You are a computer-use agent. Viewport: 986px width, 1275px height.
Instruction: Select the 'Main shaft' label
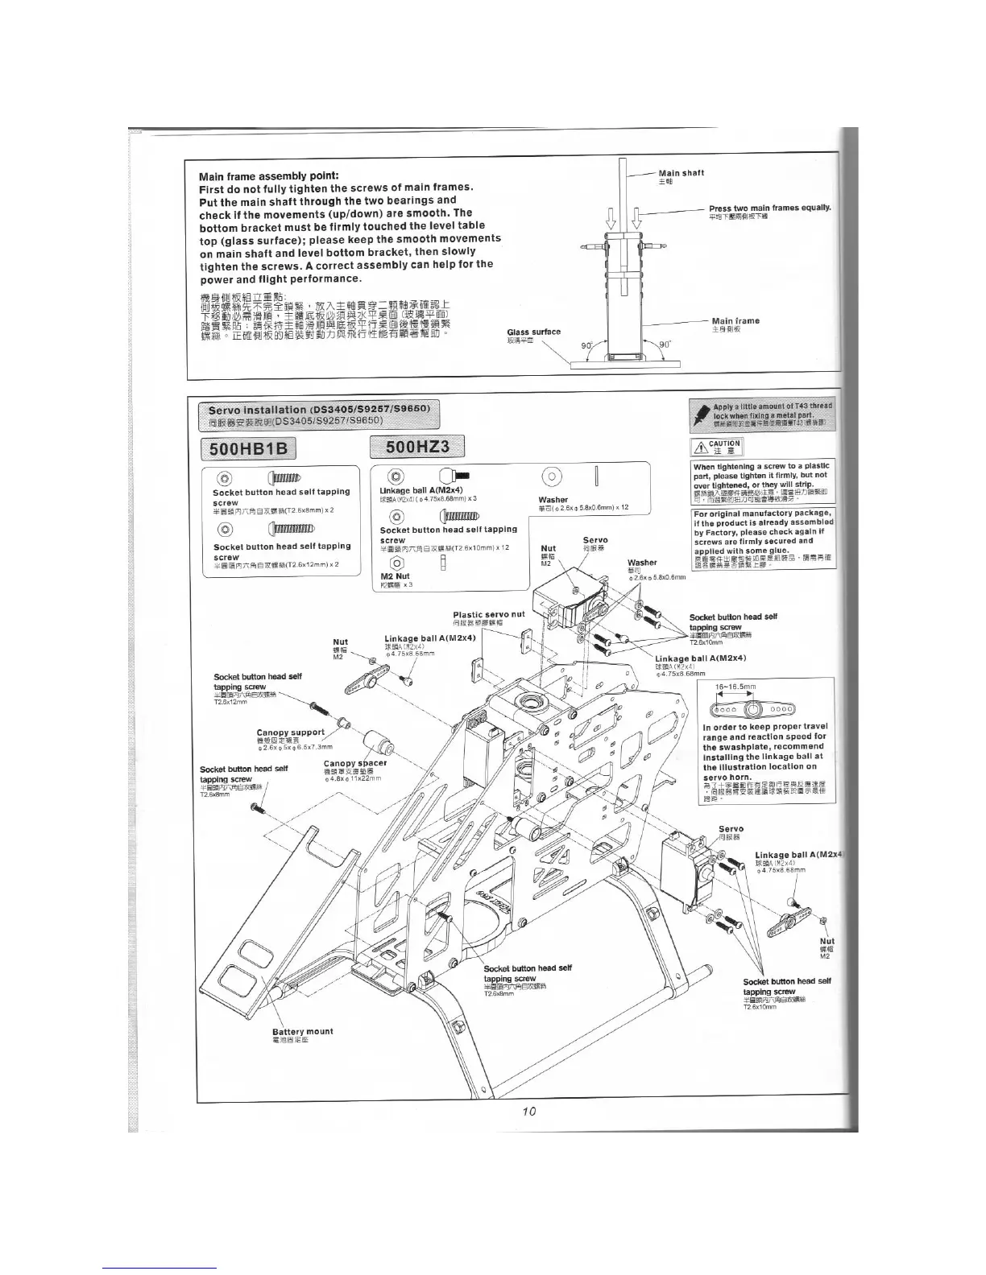[681, 173]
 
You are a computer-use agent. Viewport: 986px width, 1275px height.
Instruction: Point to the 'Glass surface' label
[533, 332]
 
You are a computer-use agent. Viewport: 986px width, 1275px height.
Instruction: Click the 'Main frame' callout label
[735, 321]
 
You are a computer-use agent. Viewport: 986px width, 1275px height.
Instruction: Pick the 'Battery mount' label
[302, 1031]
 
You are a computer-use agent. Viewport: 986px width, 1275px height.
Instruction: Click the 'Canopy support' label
[290, 732]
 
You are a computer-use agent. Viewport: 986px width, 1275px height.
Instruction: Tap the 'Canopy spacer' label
[354, 763]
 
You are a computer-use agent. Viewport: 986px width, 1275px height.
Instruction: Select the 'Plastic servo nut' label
[488, 614]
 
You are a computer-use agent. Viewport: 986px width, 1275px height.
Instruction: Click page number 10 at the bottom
[528, 1112]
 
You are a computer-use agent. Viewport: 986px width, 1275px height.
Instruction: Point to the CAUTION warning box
[716, 447]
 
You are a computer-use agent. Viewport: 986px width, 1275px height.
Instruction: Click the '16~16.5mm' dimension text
[736, 687]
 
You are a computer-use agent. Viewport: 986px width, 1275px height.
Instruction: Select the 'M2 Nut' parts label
[395, 576]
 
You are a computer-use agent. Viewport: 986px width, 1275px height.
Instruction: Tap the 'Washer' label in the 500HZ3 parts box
[553, 500]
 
